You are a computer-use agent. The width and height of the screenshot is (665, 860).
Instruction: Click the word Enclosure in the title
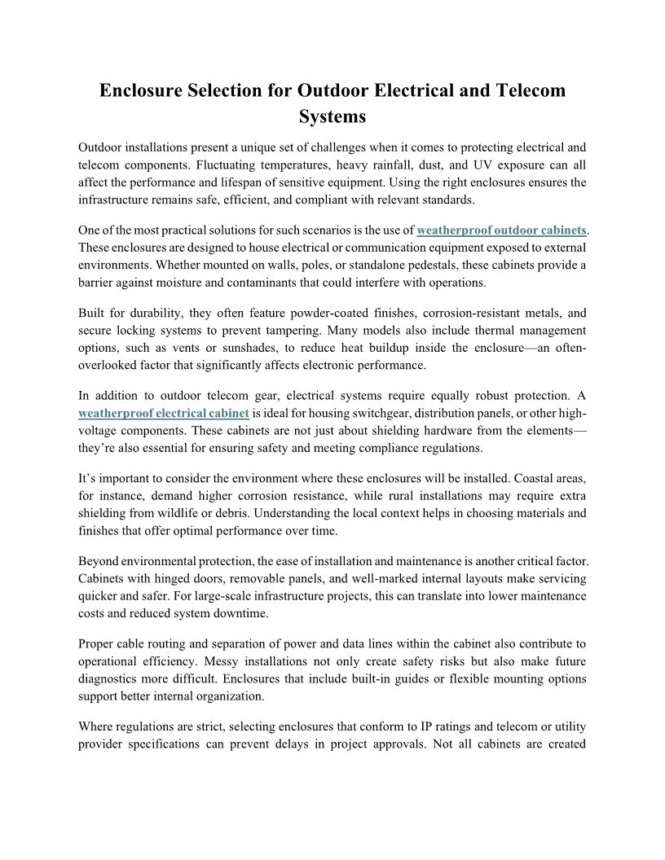click(x=143, y=90)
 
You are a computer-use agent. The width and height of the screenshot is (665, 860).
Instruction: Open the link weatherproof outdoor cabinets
click(x=501, y=230)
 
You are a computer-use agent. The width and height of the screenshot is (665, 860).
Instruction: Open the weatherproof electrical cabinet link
click(x=164, y=414)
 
